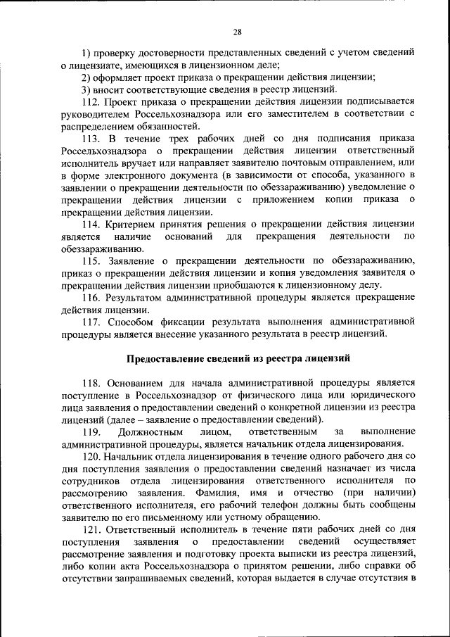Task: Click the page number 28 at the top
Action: tap(237, 32)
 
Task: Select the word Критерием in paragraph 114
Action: tap(128, 224)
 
